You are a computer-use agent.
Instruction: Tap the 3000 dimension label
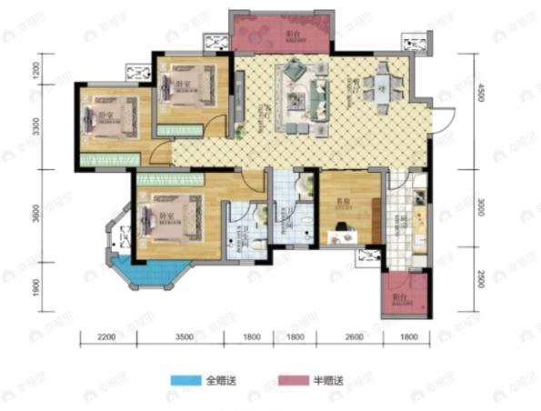[483, 208]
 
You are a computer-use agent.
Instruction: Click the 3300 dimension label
[35, 127]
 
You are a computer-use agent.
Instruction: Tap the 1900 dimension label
[35, 285]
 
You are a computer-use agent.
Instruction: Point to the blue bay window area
[150, 271]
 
